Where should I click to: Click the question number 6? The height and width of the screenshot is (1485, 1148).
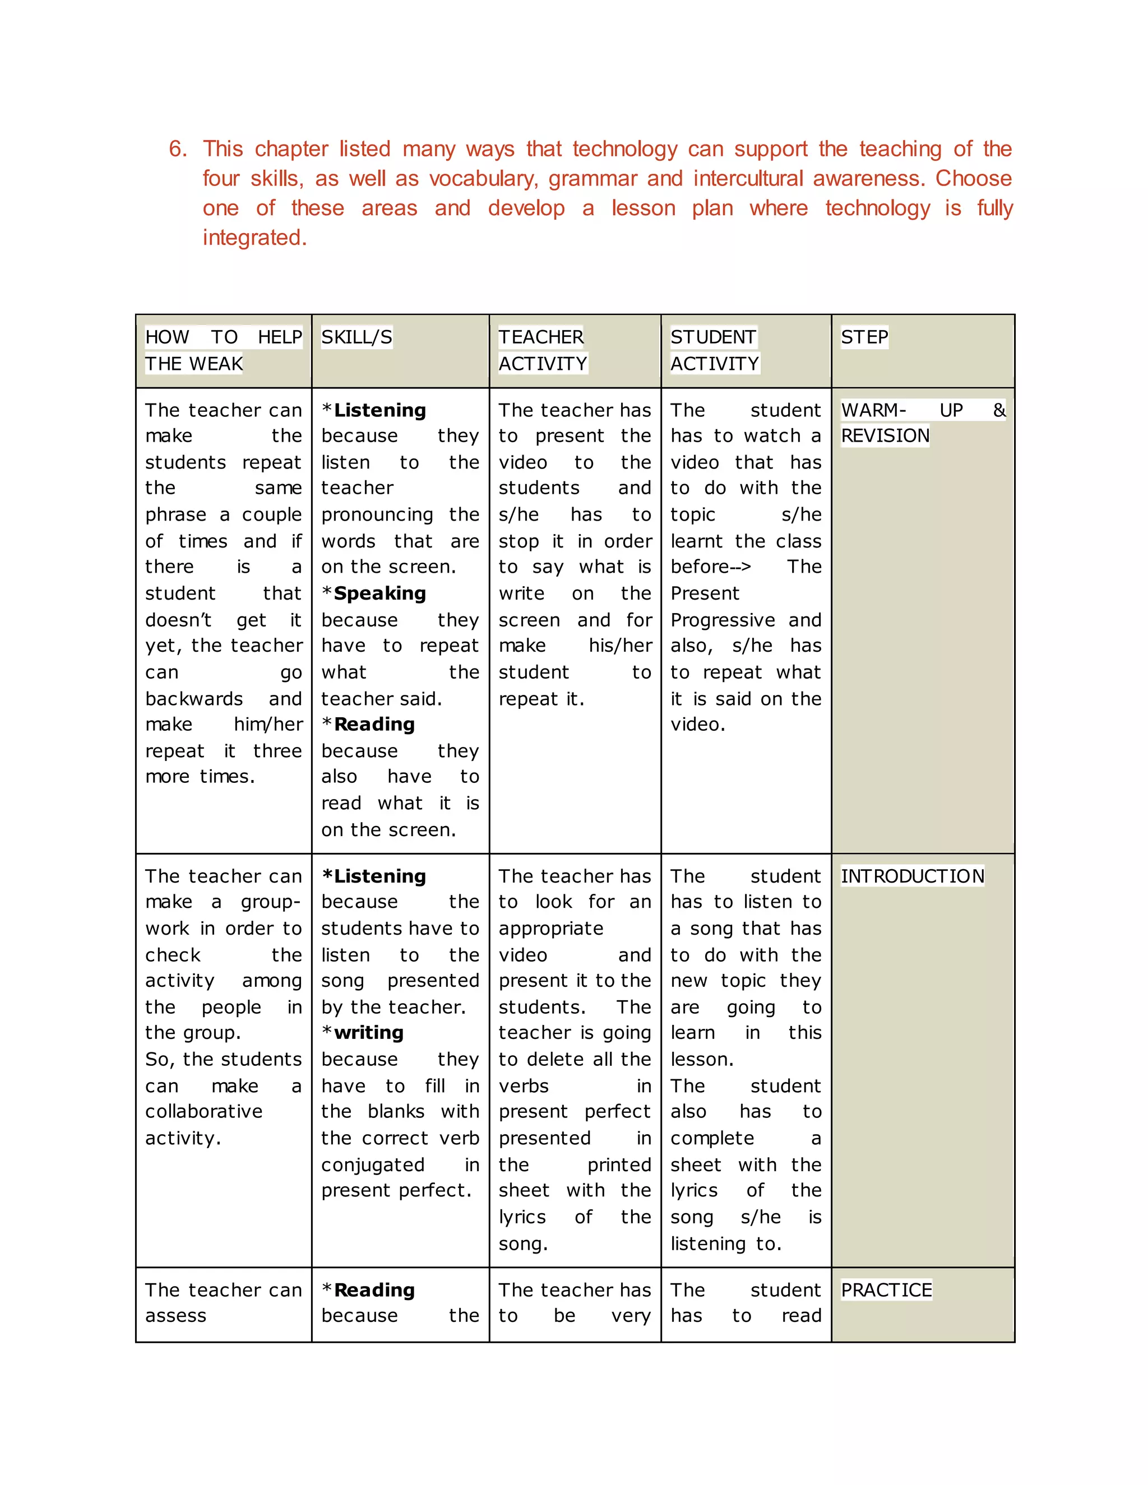(178, 149)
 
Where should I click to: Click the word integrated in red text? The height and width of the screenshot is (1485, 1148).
(254, 237)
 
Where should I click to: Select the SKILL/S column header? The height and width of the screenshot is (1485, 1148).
(357, 337)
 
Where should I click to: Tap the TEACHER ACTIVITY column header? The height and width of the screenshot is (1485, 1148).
(542, 350)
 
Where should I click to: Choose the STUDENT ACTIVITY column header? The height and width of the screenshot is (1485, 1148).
(714, 350)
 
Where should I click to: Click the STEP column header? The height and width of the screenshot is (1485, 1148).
(864, 337)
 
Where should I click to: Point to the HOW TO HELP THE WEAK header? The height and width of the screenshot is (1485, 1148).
(223, 350)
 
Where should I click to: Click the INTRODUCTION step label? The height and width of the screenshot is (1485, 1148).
(912, 876)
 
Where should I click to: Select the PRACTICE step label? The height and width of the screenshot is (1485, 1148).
(886, 1290)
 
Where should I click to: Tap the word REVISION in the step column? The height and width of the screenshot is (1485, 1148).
(885, 436)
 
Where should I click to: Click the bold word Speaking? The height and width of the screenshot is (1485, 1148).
(379, 593)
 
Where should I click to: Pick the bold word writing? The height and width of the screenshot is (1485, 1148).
(369, 1033)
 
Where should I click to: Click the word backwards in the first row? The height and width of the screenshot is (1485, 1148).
(194, 699)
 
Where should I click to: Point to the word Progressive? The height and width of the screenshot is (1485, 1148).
(722, 620)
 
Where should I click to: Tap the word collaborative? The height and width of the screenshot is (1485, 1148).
(203, 1112)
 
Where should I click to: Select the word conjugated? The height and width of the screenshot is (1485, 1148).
(373, 1165)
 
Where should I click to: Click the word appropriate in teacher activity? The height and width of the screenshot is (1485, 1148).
(551, 929)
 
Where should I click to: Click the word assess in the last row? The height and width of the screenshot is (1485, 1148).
(175, 1316)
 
